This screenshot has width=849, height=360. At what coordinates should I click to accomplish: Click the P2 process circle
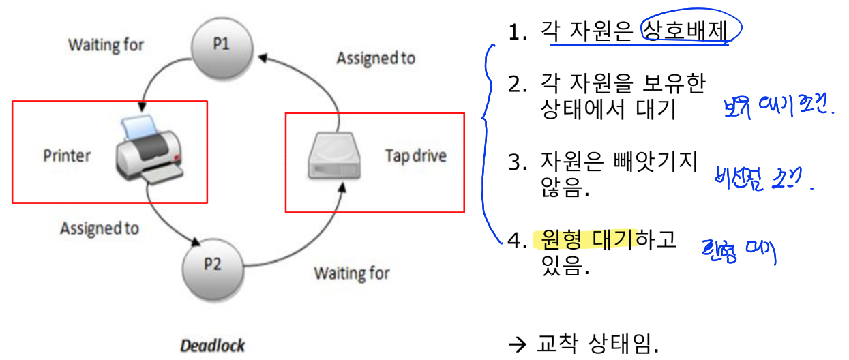tap(213, 265)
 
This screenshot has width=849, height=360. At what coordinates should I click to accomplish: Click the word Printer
tap(67, 155)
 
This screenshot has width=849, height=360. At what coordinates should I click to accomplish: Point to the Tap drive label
tap(415, 156)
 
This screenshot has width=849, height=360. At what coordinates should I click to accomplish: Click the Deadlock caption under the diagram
tap(212, 345)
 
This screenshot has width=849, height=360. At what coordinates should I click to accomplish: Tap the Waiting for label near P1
tap(106, 46)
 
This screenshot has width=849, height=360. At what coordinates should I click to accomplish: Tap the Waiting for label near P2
tap(351, 273)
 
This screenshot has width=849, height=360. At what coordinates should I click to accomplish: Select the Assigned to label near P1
tap(376, 59)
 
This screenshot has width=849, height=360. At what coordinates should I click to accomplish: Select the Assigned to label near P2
tap(100, 228)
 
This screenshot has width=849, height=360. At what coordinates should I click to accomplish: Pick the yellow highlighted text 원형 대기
tap(589, 239)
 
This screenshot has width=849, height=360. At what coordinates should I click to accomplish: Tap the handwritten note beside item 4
tap(739, 253)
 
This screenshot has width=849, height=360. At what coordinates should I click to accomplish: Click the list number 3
tap(514, 163)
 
